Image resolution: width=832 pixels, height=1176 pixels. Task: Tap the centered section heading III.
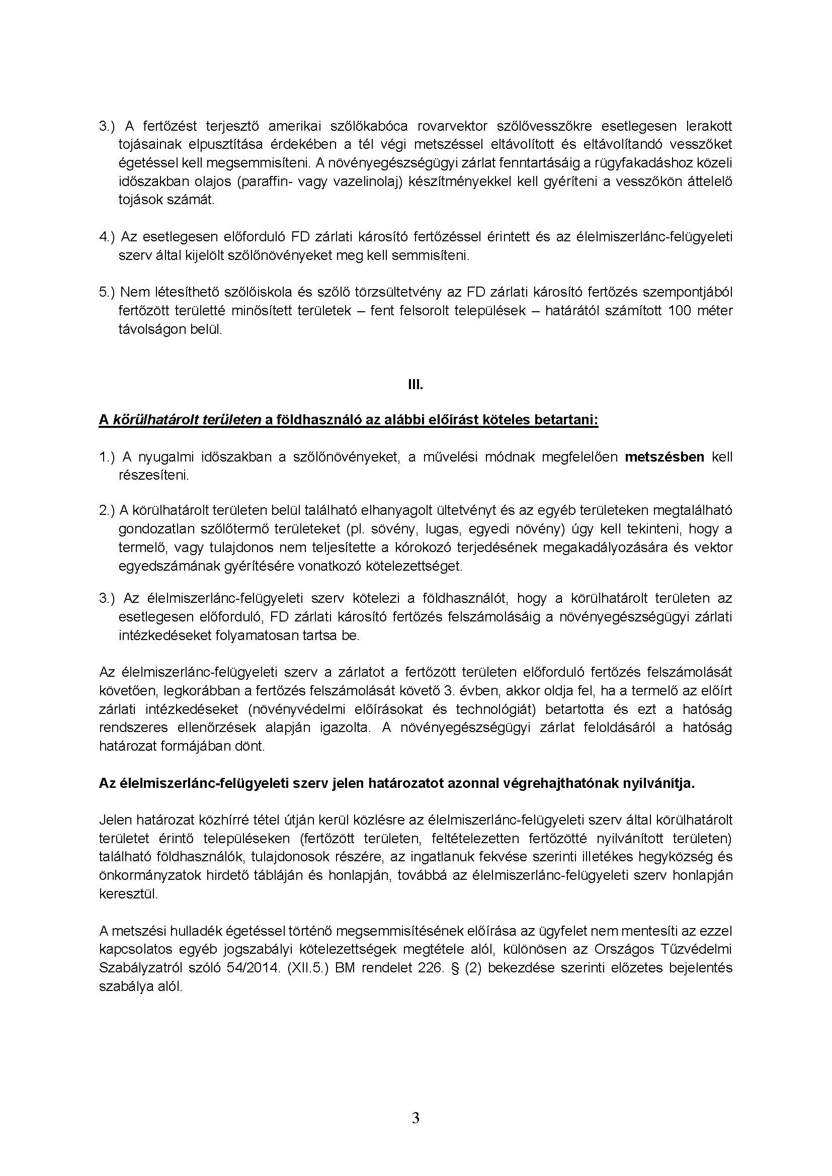(415, 385)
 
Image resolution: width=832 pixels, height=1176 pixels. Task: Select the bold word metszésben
(664, 457)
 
